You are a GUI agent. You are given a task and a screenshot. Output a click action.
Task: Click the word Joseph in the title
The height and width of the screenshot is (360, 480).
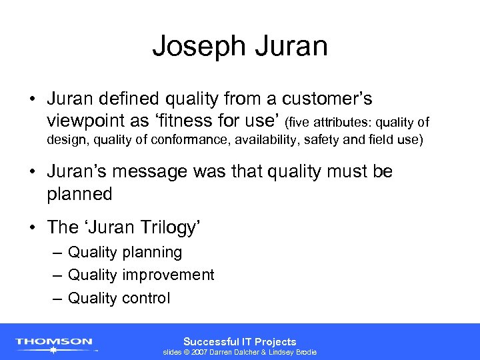click(x=194, y=46)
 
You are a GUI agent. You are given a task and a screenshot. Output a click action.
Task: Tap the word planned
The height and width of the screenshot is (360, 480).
click(x=79, y=193)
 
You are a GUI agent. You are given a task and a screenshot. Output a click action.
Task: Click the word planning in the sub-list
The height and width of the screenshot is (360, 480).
click(x=151, y=253)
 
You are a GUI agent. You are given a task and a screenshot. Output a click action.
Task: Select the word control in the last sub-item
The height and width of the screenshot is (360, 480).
click(x=145, y=298)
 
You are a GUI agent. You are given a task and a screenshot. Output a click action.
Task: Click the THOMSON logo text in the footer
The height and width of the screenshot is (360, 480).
click(x=54, y=341)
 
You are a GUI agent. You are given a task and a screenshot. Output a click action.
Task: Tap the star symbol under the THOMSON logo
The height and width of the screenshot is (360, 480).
click(x=54, y=349)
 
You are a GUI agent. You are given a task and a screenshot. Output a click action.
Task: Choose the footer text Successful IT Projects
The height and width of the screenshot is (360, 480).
click(x=239, y=341)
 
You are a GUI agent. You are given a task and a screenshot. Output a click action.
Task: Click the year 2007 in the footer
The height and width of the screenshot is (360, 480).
click(x=199, y=352)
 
